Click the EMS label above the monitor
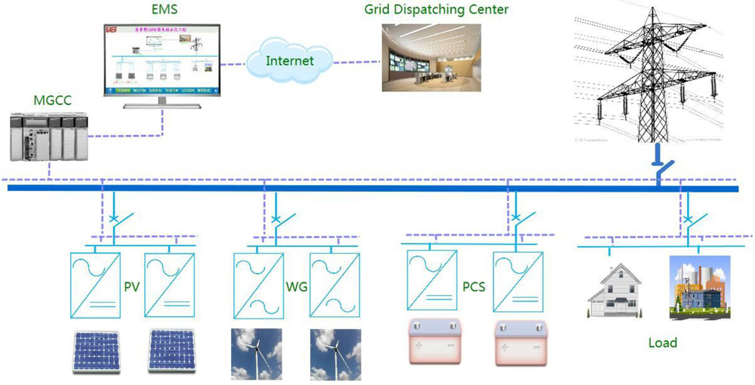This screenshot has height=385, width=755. click(x=165, y=11)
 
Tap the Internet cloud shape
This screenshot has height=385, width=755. click(x=291, y=60)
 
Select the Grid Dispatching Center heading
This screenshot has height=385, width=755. click(x=436, y=10)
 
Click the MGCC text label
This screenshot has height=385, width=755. click(x=52, y=100)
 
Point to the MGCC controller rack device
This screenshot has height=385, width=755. click(x=47, y=137)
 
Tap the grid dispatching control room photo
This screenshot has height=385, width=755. click(x=430, y=57)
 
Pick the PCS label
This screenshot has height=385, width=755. click(x=473, y=288)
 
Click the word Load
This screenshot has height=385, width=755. click(x=662, y=343)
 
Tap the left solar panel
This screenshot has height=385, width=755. click(x=97, y=352)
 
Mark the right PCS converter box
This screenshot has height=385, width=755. click(x=519, y=280)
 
